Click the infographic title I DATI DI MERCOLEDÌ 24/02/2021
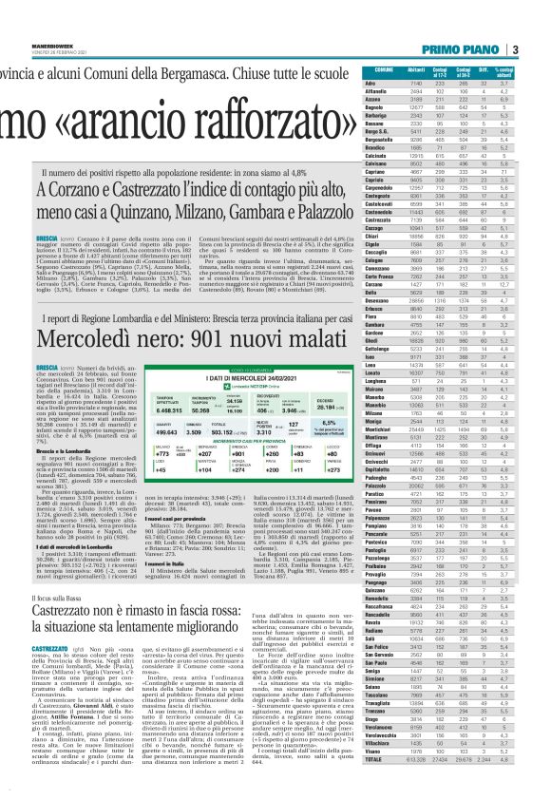(206, 352)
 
